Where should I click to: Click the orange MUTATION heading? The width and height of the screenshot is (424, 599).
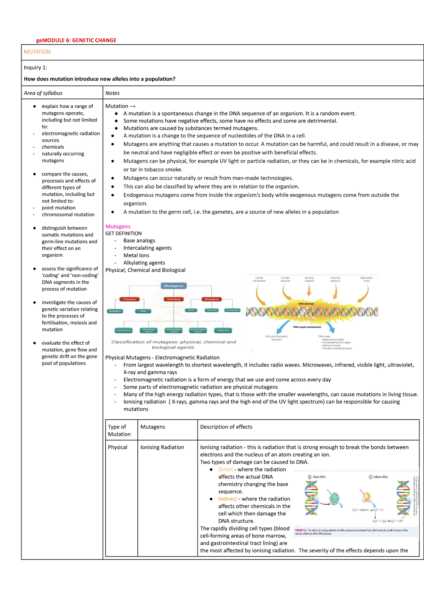click(37, 52)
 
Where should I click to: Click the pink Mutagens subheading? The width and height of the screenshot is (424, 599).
click(118, 226)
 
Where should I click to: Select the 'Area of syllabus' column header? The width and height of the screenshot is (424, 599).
click(43, 93)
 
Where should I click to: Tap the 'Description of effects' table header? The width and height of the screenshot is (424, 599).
click(226, 427)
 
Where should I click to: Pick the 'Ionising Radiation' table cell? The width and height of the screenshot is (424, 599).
click(162, 447)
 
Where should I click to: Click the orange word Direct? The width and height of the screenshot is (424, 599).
click(225, 469)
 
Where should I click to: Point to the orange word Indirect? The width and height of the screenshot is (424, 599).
click(228, 499)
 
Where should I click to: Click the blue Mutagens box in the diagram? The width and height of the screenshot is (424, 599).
click(173, 286)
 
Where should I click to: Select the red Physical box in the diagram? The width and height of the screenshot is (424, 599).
click(129, 299)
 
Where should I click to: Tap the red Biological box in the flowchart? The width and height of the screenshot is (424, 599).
click(212, 299)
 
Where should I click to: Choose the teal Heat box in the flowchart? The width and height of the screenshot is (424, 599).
click(143, 311)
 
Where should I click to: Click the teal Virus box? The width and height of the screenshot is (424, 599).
click(191, 310)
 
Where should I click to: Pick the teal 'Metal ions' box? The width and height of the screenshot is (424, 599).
click(223, 331)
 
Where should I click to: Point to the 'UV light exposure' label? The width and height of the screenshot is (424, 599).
click(285, 279)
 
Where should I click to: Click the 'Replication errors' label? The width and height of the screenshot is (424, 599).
click(366, 279)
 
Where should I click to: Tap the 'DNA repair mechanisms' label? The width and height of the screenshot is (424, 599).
click(307, 327)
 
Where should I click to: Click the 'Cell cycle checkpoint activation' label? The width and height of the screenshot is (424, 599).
click(277, 338)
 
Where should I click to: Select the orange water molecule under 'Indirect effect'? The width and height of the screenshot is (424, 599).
click(366, 497)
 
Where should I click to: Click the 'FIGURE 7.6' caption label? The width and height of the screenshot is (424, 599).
click(301, 530)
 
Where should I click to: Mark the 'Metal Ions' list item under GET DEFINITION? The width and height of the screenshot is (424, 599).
click(136, 255)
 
